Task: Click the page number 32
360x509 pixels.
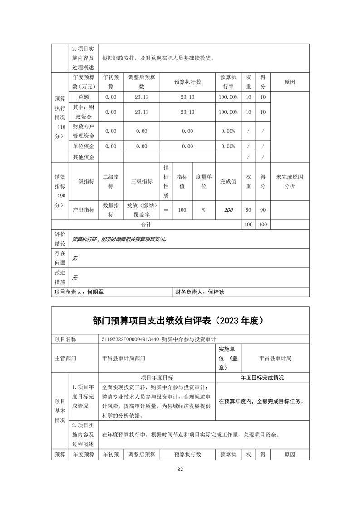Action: (x=180, y=470)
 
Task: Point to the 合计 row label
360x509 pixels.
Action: (x=146, y=225)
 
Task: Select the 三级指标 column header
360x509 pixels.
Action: (x=142, y=181)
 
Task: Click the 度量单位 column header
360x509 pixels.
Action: (x=204, y=181)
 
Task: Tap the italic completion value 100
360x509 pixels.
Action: (x=228, y=210)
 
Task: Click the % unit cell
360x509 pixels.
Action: (x=204, y=210)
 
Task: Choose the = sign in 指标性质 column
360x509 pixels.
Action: (x=166, y=210)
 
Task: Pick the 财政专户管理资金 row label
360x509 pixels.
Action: (x=84, y=131)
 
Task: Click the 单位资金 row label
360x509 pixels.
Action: (x=84, y=147)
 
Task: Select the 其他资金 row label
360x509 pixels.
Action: (x=84, y=157)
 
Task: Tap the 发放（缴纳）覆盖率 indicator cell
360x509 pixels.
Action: (x=142, y=210)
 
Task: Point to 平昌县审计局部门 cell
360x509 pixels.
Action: (x=124, y=358)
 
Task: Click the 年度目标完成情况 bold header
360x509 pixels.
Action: (x=262, y=377)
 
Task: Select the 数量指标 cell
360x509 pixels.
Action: (x=111, y=210)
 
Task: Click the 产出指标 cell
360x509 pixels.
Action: (x=84, y=210)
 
